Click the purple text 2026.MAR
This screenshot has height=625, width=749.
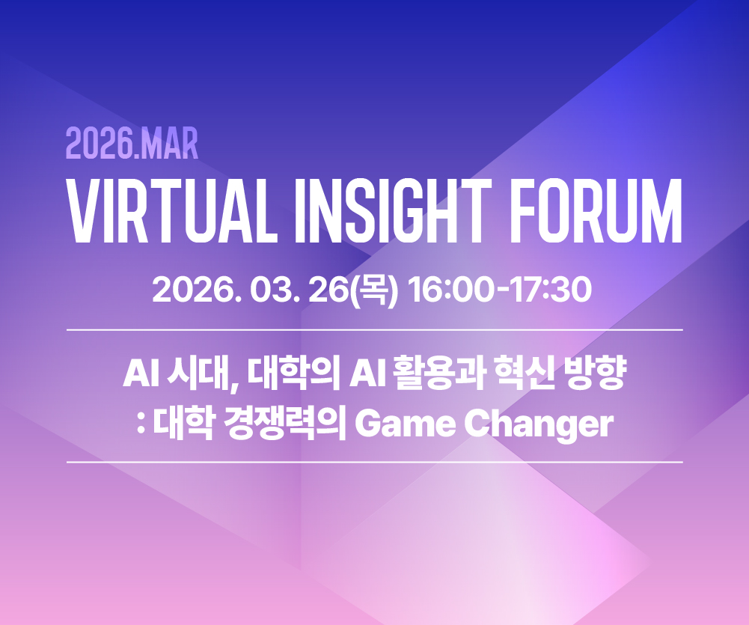click(132, 143)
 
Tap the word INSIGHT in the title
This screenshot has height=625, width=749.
click(393, 211)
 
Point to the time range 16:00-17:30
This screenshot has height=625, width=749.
click(499, 290)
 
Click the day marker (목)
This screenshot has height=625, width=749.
click(374, 290)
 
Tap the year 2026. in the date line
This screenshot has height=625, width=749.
click(196, 290)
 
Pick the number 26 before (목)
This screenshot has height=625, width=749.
click(328, 290)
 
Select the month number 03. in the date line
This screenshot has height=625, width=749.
click(274, 290)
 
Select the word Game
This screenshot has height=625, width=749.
click(405, 424)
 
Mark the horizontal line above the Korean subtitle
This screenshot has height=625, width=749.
click(374, 329)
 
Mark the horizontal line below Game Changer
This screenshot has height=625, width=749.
click(374, 462)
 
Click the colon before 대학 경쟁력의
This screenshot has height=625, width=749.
click(141, 426)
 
